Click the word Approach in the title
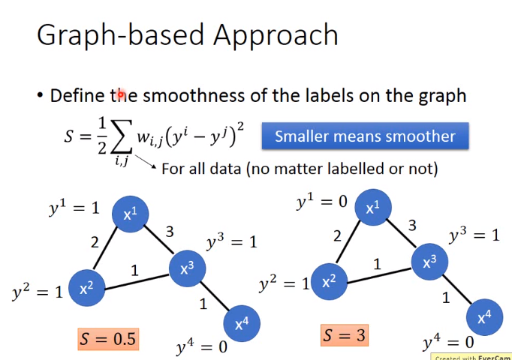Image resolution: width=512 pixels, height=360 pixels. pyautogui.click(x=276, y=36)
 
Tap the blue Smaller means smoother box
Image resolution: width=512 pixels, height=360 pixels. pyautogui.click(x=365, y=136)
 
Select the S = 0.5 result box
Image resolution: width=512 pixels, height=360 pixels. pyautogui.click(x=108, y=339)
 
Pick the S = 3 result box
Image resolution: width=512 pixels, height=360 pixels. pyautogui.click(x=345, y=335)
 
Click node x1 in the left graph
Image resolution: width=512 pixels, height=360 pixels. pyautogui.click(x=131, y=214)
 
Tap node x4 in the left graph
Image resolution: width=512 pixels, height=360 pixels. pyautogui.click(x=242, y=323)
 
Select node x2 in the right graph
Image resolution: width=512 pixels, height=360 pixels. pyautogui.click(x=329, y=281)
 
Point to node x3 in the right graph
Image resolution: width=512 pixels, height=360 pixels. pyautogui.click(x=429, y=262)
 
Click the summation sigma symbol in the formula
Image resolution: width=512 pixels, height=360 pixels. pyautogui.click(x=122, y=136)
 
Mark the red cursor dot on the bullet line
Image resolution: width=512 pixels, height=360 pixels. pyautogui.click(x=120, y=95)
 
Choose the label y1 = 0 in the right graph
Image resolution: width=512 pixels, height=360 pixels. pyautogui.click(x=321, y=201)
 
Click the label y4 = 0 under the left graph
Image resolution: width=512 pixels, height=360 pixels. pyautogui.click(x=201, y=346)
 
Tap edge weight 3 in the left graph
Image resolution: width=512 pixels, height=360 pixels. pyautogui.click(x=170, y=232)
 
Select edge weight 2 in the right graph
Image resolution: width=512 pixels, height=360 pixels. pyautogui.click(x=337, y=235)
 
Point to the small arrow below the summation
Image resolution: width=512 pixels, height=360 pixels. pyautogui.click(x=146, y=162)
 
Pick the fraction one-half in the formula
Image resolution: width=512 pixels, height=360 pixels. pyautogui.click(x=102, y=136)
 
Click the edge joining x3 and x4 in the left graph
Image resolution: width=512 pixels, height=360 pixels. pyautogui.click(x=215, y=296)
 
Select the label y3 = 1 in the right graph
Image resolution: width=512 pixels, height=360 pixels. pyautogui.click(x=474, y=235)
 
